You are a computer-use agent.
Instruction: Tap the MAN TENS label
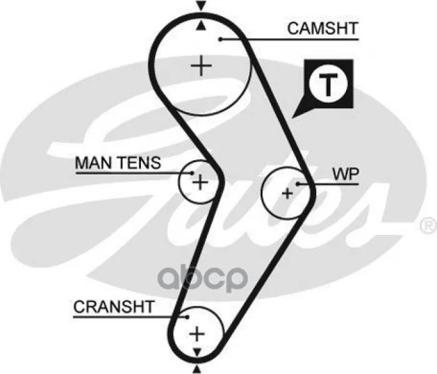click(117, 163)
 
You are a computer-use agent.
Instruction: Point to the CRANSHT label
click(113, 307)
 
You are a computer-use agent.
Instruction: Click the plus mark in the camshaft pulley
click(201, 65)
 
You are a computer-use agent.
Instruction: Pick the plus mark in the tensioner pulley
click(199, 182)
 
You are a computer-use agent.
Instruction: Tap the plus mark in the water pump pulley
click(287, 193)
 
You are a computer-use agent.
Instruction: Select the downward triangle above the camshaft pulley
click(200, 6)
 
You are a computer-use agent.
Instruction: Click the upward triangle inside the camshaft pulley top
click(200, 26)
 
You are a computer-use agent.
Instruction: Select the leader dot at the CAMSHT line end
click(221, 39)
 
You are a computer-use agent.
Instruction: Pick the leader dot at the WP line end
click(299, 183)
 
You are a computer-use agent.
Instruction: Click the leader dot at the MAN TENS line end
click(193, 173)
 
